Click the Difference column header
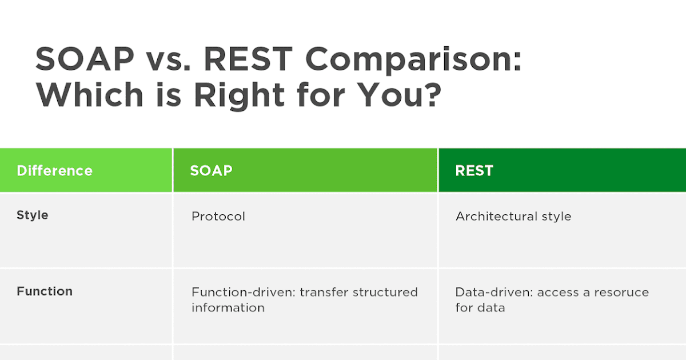click(x=54, y=170)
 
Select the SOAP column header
click(x=212, y=170)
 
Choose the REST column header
click(x=474, y=170)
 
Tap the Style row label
click(x=33, y=215)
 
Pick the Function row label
click(x=45, y=291)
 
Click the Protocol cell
click(x=218, y=217)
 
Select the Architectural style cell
click(x=513, y=217)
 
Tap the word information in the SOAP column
click(x=228, y=307)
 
